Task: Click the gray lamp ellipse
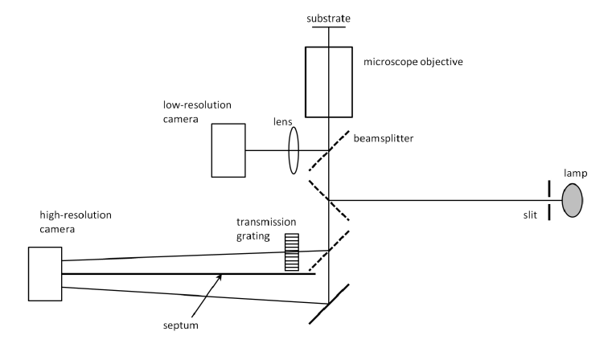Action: (572, 198)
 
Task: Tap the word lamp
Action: (570, 171)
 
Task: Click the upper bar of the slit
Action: (549, 188)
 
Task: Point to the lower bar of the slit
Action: (549, 211)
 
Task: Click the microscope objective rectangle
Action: (329, 81)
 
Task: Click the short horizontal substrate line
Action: (329, 27)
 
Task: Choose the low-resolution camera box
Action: (228, 150)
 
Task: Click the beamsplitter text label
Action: (386, 138)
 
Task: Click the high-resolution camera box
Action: (45, 274)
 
